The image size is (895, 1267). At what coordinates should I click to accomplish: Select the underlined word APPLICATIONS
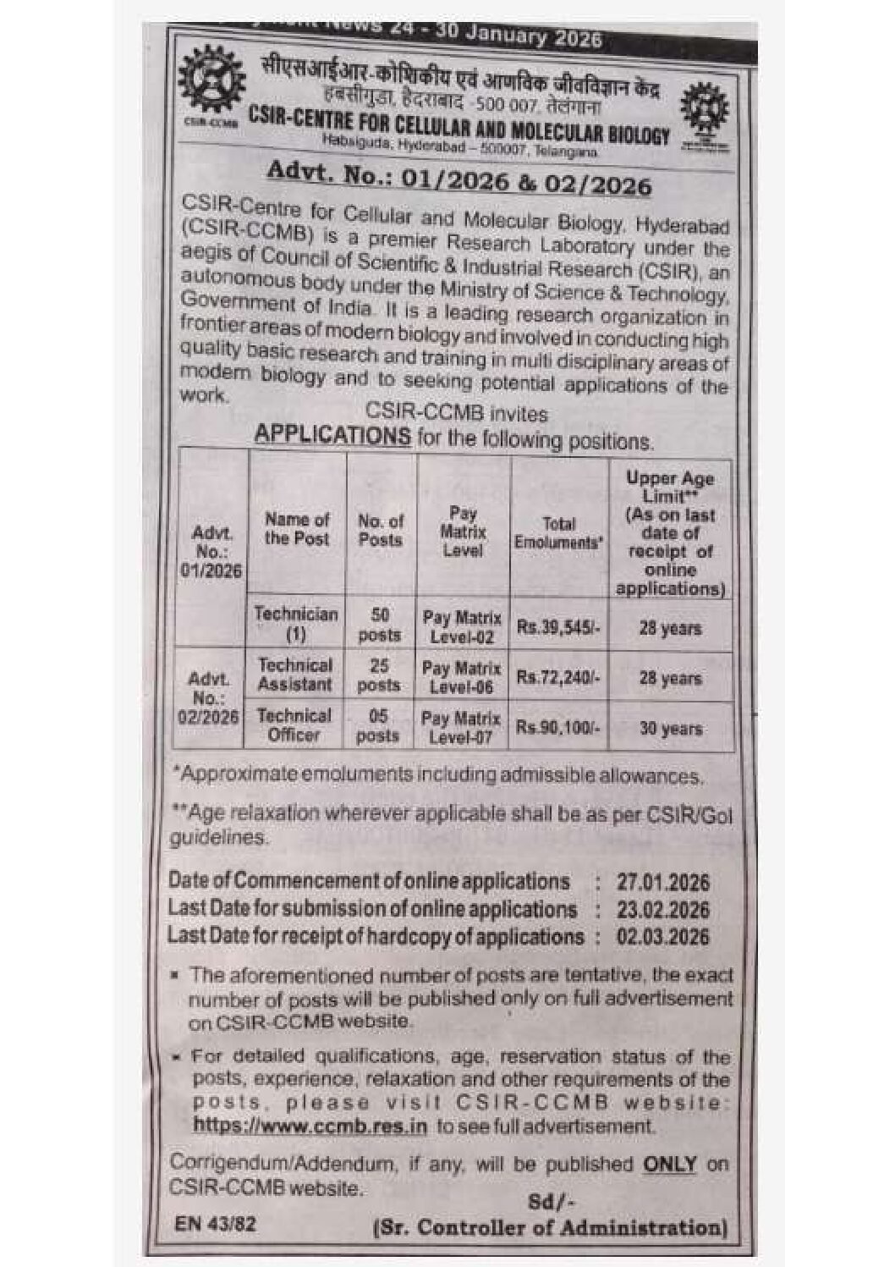point(332,435)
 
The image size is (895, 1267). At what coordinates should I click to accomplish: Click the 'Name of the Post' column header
point(297,528)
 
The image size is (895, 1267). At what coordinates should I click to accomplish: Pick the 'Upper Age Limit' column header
point(670,532)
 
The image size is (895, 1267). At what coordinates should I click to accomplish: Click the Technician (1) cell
point(296,624)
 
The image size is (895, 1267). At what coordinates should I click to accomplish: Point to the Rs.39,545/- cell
point(558,628)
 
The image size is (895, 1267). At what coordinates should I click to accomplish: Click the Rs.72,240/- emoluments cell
point(558,678)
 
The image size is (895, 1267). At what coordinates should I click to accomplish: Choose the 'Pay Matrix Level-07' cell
point(461,727)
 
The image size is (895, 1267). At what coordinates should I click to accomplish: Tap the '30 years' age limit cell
point(670,728)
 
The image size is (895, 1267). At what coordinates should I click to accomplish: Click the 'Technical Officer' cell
point(294,725)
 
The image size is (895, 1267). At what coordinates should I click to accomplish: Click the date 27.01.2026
point(662,883)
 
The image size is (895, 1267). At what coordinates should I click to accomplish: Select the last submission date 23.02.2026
point(662,911)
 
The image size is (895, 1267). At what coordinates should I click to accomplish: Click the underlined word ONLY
point(670,1164)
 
